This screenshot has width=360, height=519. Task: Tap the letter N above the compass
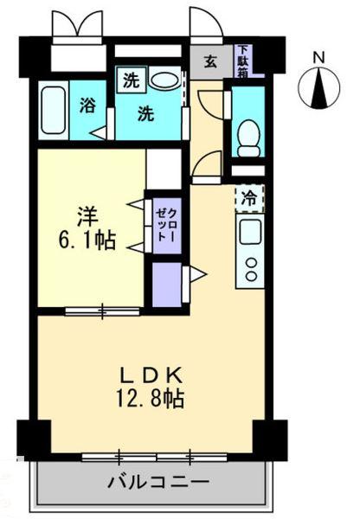[318, 58]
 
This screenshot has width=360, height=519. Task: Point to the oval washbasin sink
[164, 80]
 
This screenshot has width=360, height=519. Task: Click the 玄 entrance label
[210, 61]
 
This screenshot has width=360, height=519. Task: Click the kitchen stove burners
[250, 263]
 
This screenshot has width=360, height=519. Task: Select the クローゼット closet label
[164, 222]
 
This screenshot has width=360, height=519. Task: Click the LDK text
[149, 376]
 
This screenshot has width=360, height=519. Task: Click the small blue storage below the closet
[165, 281]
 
